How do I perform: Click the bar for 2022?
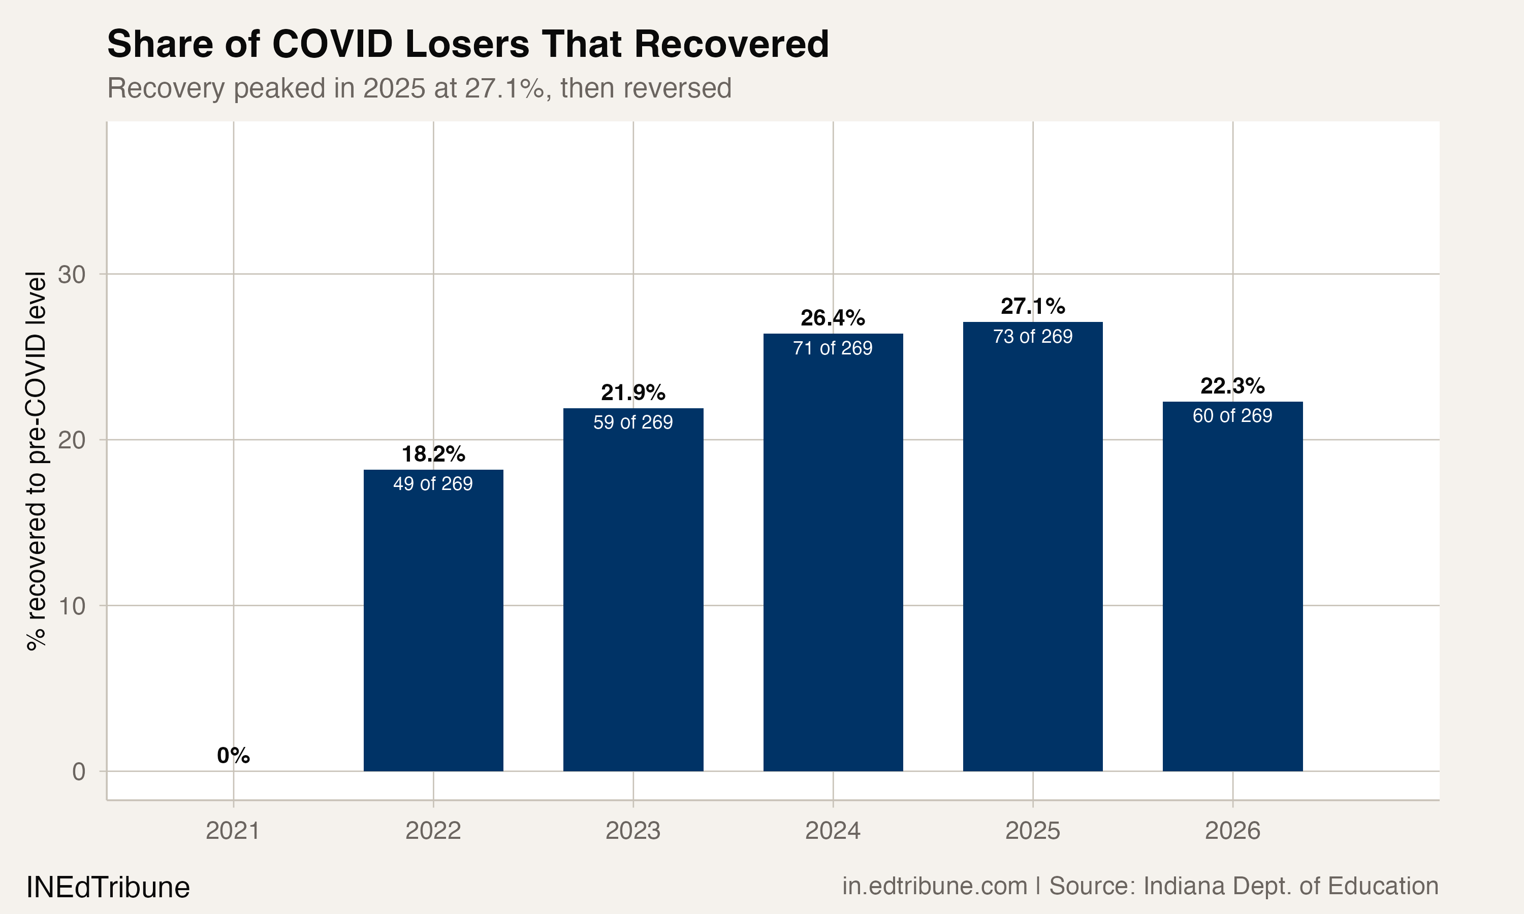click(x=433, y=622)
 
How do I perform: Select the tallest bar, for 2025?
click(x=1032, y=548)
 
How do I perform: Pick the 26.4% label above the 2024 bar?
click(x=832, y=318)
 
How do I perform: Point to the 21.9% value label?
click(x=632, y=393)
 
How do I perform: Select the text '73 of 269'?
click(x=1032, y=336)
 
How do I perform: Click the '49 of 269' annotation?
click(x=433, y=483)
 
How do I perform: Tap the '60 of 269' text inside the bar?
click(x=1232, y=416)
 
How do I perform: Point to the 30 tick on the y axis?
click(x=72, y=275)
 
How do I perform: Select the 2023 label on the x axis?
click(x=632, y=831)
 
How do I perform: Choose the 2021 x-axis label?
click(x=233, y=831)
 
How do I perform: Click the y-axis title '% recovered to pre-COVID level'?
click(x=36, y=461)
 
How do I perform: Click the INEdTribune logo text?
click(x=108, y=888)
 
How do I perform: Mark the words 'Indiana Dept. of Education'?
click(x=1290, y=886)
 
